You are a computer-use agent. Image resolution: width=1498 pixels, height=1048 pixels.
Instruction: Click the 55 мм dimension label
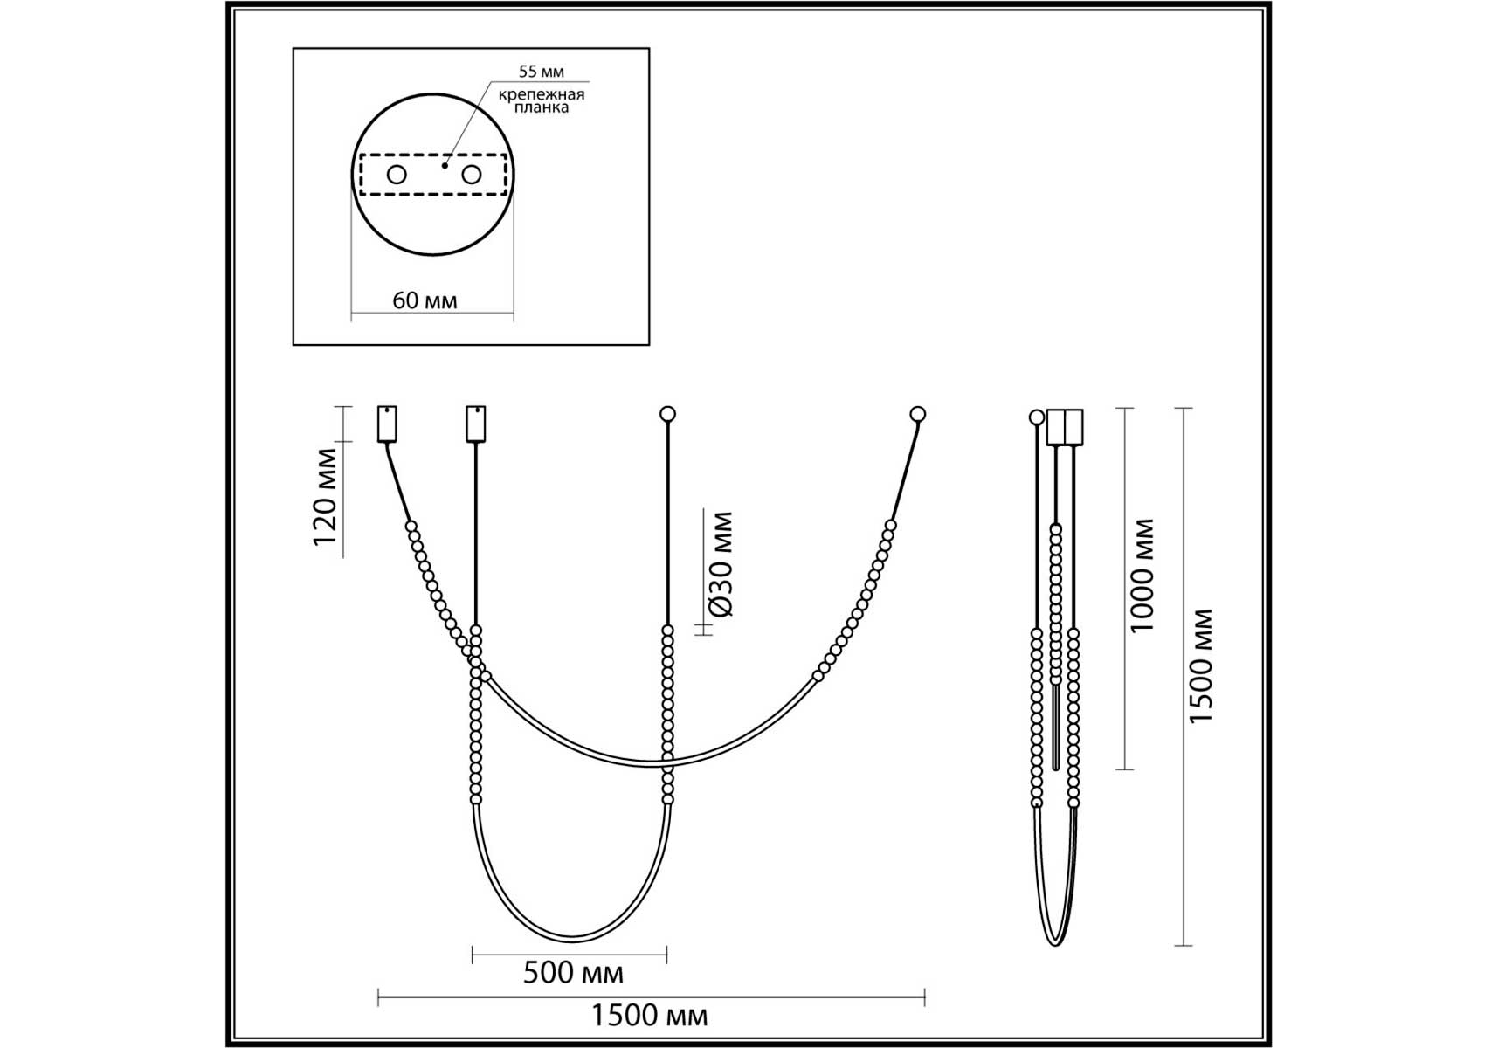tap(542, 72)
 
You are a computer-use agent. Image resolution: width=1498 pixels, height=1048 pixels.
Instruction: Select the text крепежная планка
tap(542, 100)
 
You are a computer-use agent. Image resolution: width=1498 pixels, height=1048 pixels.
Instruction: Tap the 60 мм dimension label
tap(425, 300)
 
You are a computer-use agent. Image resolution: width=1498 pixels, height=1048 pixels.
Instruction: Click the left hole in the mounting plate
tap(397, 175)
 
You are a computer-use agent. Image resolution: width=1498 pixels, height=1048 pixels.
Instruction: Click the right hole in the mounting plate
tap(472, 175)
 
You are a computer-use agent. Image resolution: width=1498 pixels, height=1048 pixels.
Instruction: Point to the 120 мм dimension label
tap(325, 496)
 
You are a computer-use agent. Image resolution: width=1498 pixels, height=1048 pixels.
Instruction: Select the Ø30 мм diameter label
tap(721, 565)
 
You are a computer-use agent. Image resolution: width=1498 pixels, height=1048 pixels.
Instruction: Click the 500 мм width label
tap(573, 973)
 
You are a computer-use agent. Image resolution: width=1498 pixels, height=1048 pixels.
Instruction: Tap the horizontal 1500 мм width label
tap(650, 1016)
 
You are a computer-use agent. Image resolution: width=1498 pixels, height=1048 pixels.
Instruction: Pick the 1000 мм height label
tap(1142, 576)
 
